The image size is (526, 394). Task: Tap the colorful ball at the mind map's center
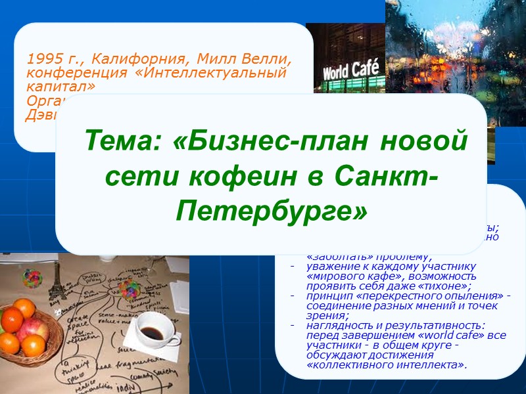pos(128,287)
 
